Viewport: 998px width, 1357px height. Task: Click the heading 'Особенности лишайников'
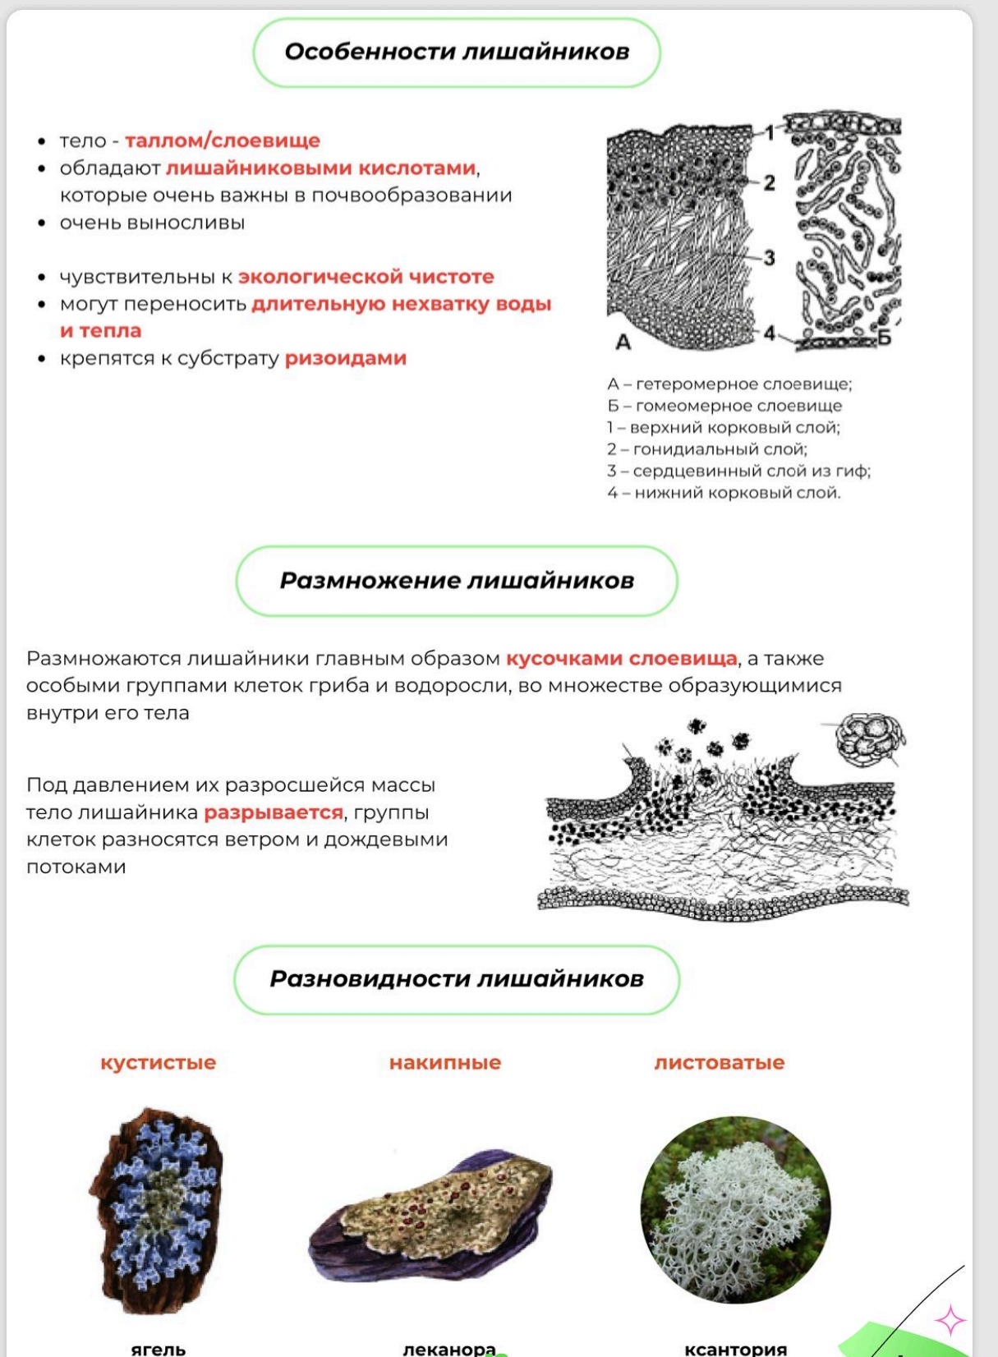coord(457,52)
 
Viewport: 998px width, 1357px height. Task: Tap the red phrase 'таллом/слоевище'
coord(223,140)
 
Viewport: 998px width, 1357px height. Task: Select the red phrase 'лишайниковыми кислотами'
coord(321,168)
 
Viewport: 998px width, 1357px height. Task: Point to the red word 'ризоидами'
coord(346,358)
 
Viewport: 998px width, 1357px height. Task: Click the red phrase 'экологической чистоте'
coord(366,277)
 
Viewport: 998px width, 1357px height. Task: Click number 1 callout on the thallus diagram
coord(770,132)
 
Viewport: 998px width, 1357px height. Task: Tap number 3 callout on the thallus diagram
coord(769,257)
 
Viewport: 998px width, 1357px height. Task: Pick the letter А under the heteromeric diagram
coord(623,342)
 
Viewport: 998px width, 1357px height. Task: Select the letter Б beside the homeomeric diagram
coord(884,337)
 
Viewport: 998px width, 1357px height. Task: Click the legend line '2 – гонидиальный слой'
coord(707,449)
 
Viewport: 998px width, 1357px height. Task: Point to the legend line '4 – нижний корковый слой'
coord(724,493)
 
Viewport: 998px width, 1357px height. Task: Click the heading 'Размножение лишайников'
coord(457,581)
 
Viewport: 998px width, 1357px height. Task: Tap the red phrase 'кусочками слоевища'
coord(622,659)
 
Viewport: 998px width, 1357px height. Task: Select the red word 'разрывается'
coord(274,812)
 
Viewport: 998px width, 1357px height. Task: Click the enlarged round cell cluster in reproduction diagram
coord(869,737)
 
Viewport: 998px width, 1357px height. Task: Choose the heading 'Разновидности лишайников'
coord(457,979)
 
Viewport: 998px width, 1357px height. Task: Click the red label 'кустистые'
coord(158,1062)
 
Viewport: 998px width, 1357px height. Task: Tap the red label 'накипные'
coord(445,1062)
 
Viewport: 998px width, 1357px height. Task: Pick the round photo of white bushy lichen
coord(735,1209)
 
